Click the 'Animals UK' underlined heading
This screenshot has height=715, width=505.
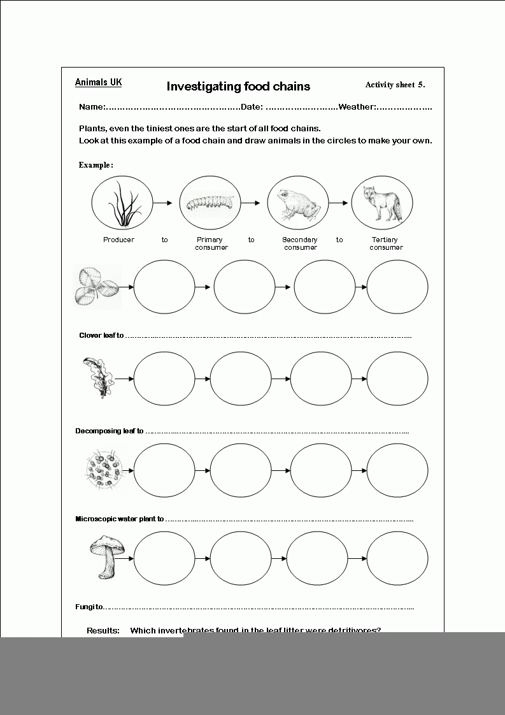(98, 82)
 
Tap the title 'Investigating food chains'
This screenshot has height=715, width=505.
(238, 86)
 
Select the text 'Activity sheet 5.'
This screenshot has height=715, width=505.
(395, 84)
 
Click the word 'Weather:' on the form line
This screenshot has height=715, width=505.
(358, 106)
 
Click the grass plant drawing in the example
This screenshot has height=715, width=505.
(122, 203)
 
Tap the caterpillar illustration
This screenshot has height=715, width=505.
(210, 203)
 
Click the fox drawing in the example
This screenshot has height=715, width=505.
(381, 203)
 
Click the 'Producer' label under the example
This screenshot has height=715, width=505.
(118, 240)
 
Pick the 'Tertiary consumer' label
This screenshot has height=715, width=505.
(386, 243)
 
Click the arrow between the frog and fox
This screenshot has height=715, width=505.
(340, 203)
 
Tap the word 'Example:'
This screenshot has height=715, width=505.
(96, 164)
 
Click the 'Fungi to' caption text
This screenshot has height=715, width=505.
(89, 607)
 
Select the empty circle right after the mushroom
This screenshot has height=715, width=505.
(164, 558)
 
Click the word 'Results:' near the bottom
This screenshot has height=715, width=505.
(103, 630)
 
